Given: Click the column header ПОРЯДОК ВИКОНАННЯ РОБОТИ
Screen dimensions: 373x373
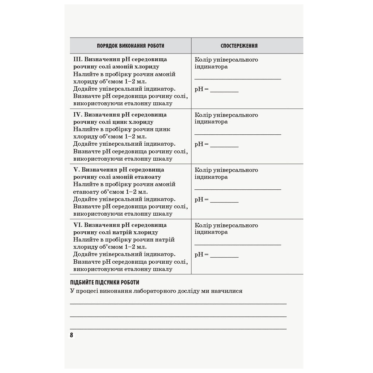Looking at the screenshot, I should [130, 46].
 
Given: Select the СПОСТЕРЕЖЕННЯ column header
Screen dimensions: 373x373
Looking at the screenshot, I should [239, 46].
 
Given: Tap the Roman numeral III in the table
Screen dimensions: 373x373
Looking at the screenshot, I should [78, 59].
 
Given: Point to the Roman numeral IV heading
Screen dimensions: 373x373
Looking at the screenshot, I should [78, 114].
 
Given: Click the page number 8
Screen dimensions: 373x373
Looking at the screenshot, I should [71, 335].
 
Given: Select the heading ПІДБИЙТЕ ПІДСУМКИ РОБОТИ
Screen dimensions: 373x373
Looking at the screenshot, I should [105, 282].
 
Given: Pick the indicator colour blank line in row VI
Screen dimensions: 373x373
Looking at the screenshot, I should [237, 244].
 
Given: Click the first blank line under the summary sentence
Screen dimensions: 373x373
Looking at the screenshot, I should [178, 303].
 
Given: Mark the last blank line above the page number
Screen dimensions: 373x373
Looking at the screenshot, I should [178, 329].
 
